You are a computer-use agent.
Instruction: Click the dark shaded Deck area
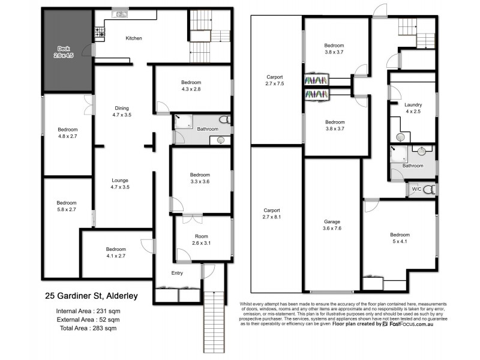pos(66,51)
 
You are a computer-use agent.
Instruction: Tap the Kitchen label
pos(134,38)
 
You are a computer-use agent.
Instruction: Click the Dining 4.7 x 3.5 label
pos(121,111)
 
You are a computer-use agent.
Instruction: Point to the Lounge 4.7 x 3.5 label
pos(120,184)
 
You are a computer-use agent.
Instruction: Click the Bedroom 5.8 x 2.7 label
pos(67,206)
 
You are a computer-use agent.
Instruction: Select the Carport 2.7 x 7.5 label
pos(274,80)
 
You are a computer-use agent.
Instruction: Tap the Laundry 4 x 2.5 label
pos(413,107)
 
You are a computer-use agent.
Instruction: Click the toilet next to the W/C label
pos(428,190)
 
